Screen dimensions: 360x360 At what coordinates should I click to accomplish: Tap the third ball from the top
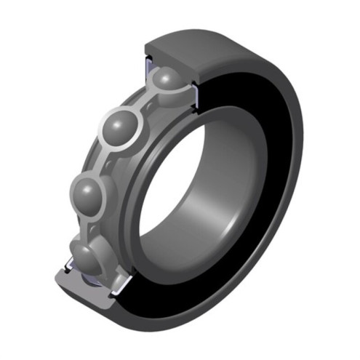click(x=92, y=193)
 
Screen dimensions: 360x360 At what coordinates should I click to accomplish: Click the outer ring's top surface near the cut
click(x=218, y=44)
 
